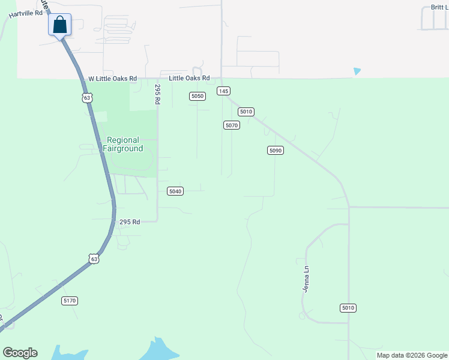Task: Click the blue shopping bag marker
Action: coord(59,25)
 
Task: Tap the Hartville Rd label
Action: coord(25,13)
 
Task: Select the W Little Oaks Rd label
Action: coord(113,79)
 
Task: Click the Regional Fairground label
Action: coord(122,144)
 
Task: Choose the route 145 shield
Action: coord(223,91)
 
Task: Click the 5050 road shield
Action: coord(197,96)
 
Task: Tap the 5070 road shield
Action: coord(232,125)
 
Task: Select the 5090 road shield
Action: coord(275,150)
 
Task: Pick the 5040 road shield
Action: coord(175,191)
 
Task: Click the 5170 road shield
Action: coord(70,300)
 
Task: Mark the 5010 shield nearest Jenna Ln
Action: coord(348,308)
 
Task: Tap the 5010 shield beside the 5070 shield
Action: coord(246,112)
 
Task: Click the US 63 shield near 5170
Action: coord(92,259)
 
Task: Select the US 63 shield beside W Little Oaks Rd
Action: coord(88,97)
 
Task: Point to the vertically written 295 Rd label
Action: coord(158,95)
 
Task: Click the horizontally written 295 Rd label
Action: coord(129,222)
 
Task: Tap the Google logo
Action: coord(20,353)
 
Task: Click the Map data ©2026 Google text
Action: coord(412,355)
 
